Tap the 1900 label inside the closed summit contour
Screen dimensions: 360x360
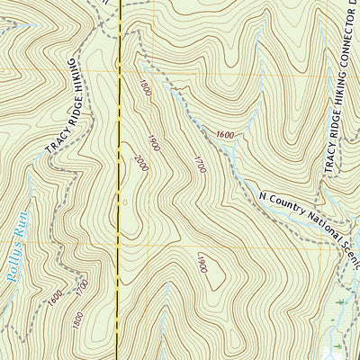(x=202, y=263)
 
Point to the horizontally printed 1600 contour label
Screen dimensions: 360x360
(x=224, y=135)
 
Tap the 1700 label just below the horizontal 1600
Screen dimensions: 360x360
(x=199, y=163)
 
